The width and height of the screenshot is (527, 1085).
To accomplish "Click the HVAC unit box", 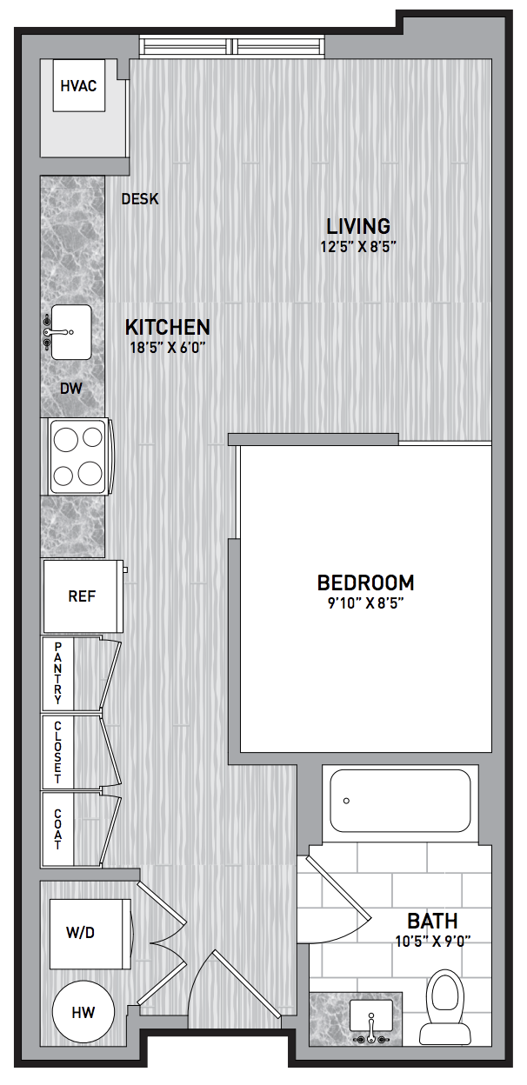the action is click(79, 86).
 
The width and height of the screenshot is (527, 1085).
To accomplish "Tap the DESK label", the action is click(140, 198).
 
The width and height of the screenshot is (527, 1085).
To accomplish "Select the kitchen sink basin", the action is click(71, 332).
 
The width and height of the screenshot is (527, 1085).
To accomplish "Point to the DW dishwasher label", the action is click(71, 388).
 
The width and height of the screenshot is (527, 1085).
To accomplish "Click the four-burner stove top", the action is click(78, 456).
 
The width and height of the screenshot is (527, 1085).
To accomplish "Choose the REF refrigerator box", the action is click(83, 596).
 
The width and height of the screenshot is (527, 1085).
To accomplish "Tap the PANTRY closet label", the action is click(58, 673).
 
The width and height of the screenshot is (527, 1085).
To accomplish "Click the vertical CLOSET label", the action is click(58, 752).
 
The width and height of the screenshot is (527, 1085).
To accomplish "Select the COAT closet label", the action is click(58, 829).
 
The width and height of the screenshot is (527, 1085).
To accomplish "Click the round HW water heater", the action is click(83, 1012).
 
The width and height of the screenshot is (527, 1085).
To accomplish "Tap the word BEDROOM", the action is click(366, 582).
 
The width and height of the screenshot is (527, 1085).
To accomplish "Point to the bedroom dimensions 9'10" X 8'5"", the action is click(366, 603).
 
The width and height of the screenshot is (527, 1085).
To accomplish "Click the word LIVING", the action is click(358, 226).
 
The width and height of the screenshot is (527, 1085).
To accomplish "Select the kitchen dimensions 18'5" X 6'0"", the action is click(168, 347).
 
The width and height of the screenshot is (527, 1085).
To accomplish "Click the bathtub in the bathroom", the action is click(400, 801).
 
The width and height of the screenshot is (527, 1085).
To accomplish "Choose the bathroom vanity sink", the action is click(371, 1015).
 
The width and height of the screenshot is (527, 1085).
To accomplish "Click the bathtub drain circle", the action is click(346, 801).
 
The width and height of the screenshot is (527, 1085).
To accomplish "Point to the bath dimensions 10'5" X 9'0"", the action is click(433, 942).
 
